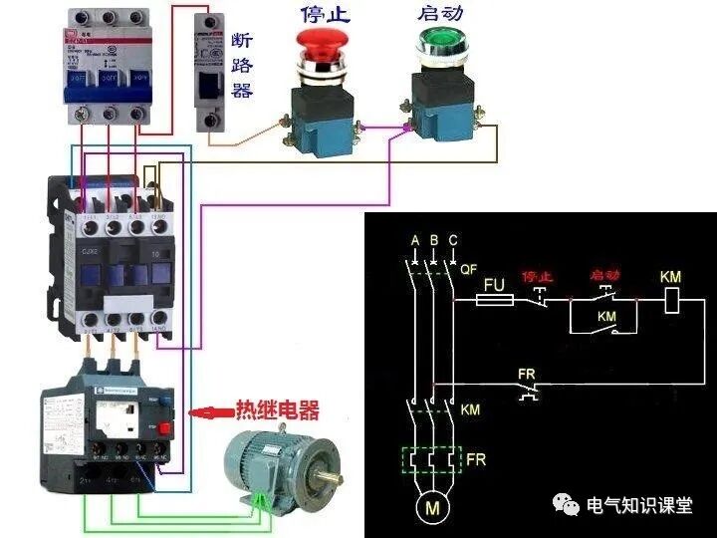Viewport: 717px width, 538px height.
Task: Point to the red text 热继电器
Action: click(x=277, y=410)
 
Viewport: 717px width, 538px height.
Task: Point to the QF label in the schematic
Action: click(x=471, y=268)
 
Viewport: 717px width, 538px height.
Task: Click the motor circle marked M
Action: click(x=432, y=509)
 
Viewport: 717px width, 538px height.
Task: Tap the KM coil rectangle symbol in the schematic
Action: click(x=672, y=298)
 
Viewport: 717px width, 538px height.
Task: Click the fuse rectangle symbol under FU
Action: click(x=494, y=298)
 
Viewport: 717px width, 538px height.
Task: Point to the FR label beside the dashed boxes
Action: click(x=476, y=461)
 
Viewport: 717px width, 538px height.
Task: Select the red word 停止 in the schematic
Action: click(x=537, y=276)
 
